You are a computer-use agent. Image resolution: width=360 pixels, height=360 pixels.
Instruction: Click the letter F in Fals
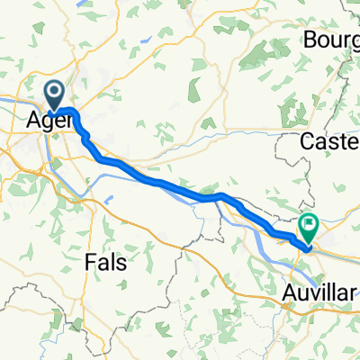(x=90, y=262)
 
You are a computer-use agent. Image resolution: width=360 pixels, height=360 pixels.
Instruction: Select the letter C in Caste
(x=309, y=142)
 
